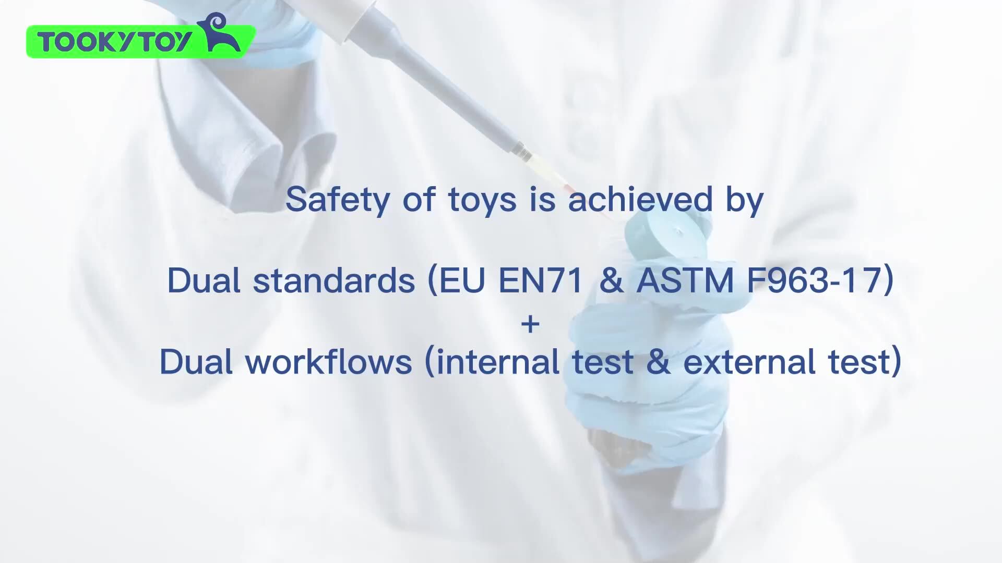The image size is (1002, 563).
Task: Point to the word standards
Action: click(x=334, y=280)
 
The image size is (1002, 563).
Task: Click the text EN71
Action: click(x=540, y=280)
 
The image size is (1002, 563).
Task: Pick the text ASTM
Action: click(x=685, y=280)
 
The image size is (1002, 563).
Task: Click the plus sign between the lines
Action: click(x=530, y=324)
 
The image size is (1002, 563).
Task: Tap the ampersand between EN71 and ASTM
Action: click(x=611, y=280)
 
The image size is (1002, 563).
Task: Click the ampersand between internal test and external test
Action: click(x=658, y=362)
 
